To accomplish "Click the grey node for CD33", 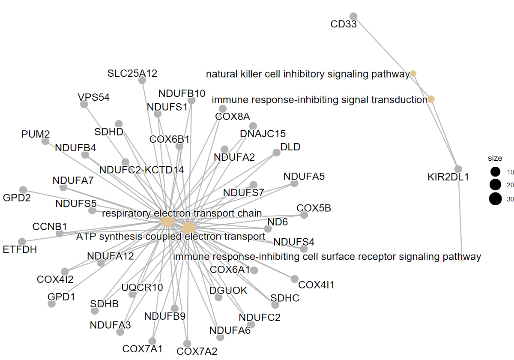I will [353, 16].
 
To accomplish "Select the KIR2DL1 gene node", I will [458, 169].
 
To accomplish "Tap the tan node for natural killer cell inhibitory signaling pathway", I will [413, 74].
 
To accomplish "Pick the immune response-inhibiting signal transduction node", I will [431, 99].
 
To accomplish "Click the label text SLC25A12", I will [132, 73].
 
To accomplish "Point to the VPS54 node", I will [84, 104].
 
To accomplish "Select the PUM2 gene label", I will [36, 135].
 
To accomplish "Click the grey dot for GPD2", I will [23, 190].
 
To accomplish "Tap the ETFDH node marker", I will [22, 242].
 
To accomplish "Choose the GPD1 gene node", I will [51, 304].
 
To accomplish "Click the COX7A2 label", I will [197, 352].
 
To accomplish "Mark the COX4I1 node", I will [294, 279].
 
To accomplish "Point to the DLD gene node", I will [276, 152].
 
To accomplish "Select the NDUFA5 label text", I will [304, 176].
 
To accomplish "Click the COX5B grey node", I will [304, 215].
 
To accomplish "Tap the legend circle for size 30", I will [496, 199].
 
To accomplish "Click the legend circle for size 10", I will [496, 172].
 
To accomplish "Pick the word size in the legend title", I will [495, 158].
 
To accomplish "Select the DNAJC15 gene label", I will [263, 134].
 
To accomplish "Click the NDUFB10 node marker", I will [191, 100].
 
